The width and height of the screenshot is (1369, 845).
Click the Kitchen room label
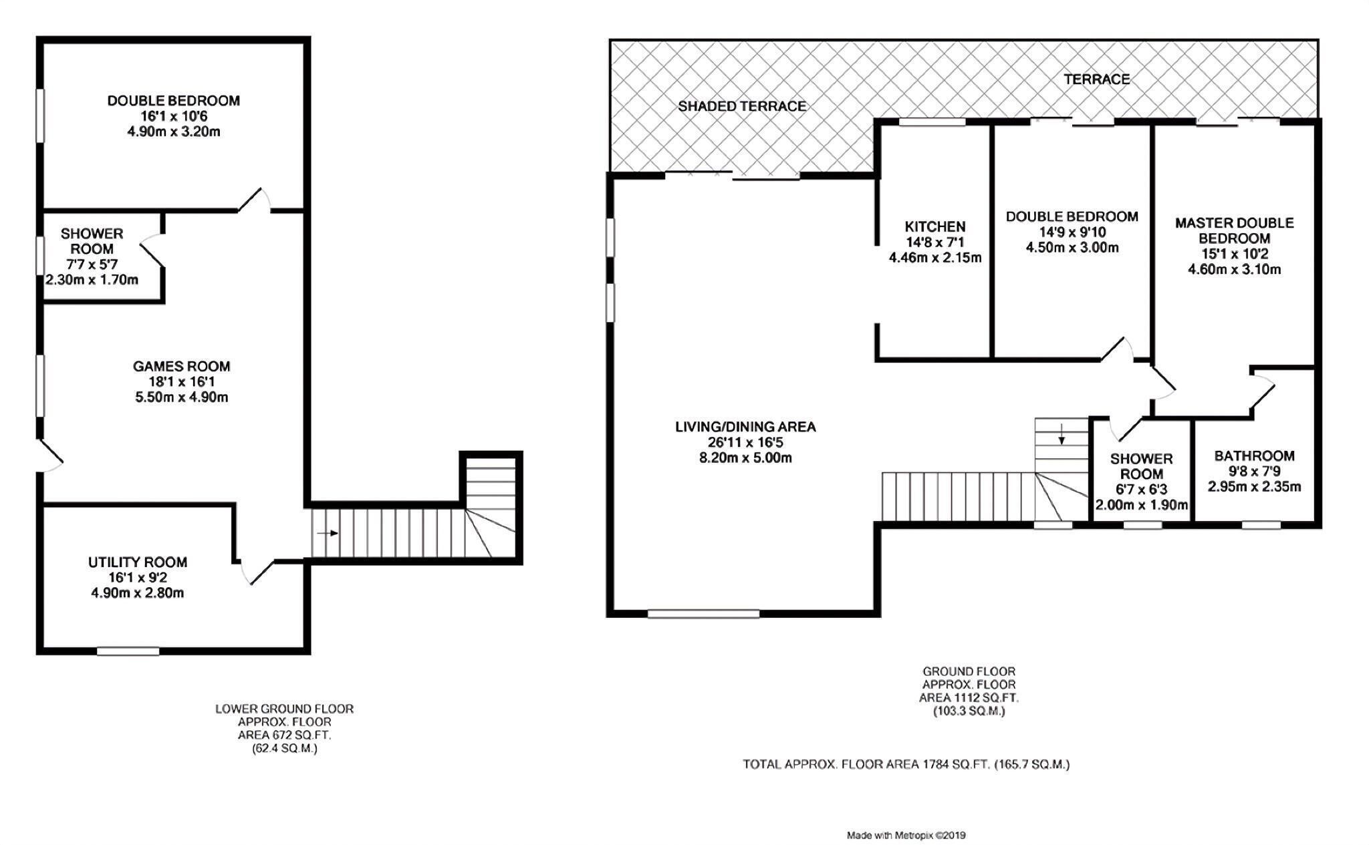tap(935, 226)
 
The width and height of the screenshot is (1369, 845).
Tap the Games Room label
tap(181, 366)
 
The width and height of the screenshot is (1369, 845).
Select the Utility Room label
tap(138, 562)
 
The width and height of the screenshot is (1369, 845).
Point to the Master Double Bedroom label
tap(1234, 230)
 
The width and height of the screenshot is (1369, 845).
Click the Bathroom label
tap(1255, 456)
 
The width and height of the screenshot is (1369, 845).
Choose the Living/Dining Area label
tap(745, 426)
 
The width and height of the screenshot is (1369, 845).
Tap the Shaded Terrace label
tap(742, 106)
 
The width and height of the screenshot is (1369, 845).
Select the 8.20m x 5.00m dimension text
tap(745, 458)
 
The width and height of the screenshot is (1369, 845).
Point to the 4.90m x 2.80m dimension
tap(138, 593)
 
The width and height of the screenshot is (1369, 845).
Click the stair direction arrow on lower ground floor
tap(327, 533)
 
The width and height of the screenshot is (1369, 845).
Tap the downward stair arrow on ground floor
tap(1062, 435)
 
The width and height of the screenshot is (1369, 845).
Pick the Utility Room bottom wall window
tap(128, 651)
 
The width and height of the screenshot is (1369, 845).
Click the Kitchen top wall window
tap(932, 122)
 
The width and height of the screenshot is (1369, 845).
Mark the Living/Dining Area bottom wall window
tap(704, 613)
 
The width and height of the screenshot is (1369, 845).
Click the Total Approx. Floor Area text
tap(906, 764)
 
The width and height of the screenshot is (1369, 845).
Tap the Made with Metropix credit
tap(906, 835)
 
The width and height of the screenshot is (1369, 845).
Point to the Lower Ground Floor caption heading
tap(284, 708)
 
